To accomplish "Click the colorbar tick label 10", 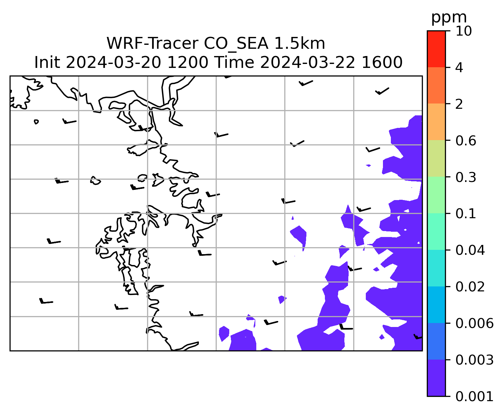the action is click(x=463, y=31).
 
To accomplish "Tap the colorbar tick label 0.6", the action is click(x=465, y=141).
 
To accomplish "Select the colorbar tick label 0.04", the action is click(x=470, y=250).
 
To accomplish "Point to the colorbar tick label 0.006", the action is click(x=474, y=323).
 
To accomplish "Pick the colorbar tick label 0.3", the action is click(x=465, y=177).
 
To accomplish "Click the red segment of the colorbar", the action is click(x=436, y=49).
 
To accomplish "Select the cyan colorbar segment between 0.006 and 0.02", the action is click(x=436, y=305).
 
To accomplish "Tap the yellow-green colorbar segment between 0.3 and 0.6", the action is click(x=436, y=159).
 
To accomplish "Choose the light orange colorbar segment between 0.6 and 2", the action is click(x=436, y=122).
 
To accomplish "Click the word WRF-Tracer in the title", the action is click(x=152, y=44).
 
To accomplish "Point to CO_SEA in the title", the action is click(x=236, y=44).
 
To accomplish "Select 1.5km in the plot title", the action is click(x=300, y=44).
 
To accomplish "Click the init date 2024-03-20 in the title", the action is click(x=113, y=63).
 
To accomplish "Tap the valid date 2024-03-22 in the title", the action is click(x=307, y=63).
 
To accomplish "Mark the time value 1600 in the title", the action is click(x=382, y=63).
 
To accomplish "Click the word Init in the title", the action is click(x=47, y=63).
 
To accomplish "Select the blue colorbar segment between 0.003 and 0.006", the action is click(x=436, y=341).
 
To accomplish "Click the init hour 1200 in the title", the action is click(x=188, y=63).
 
